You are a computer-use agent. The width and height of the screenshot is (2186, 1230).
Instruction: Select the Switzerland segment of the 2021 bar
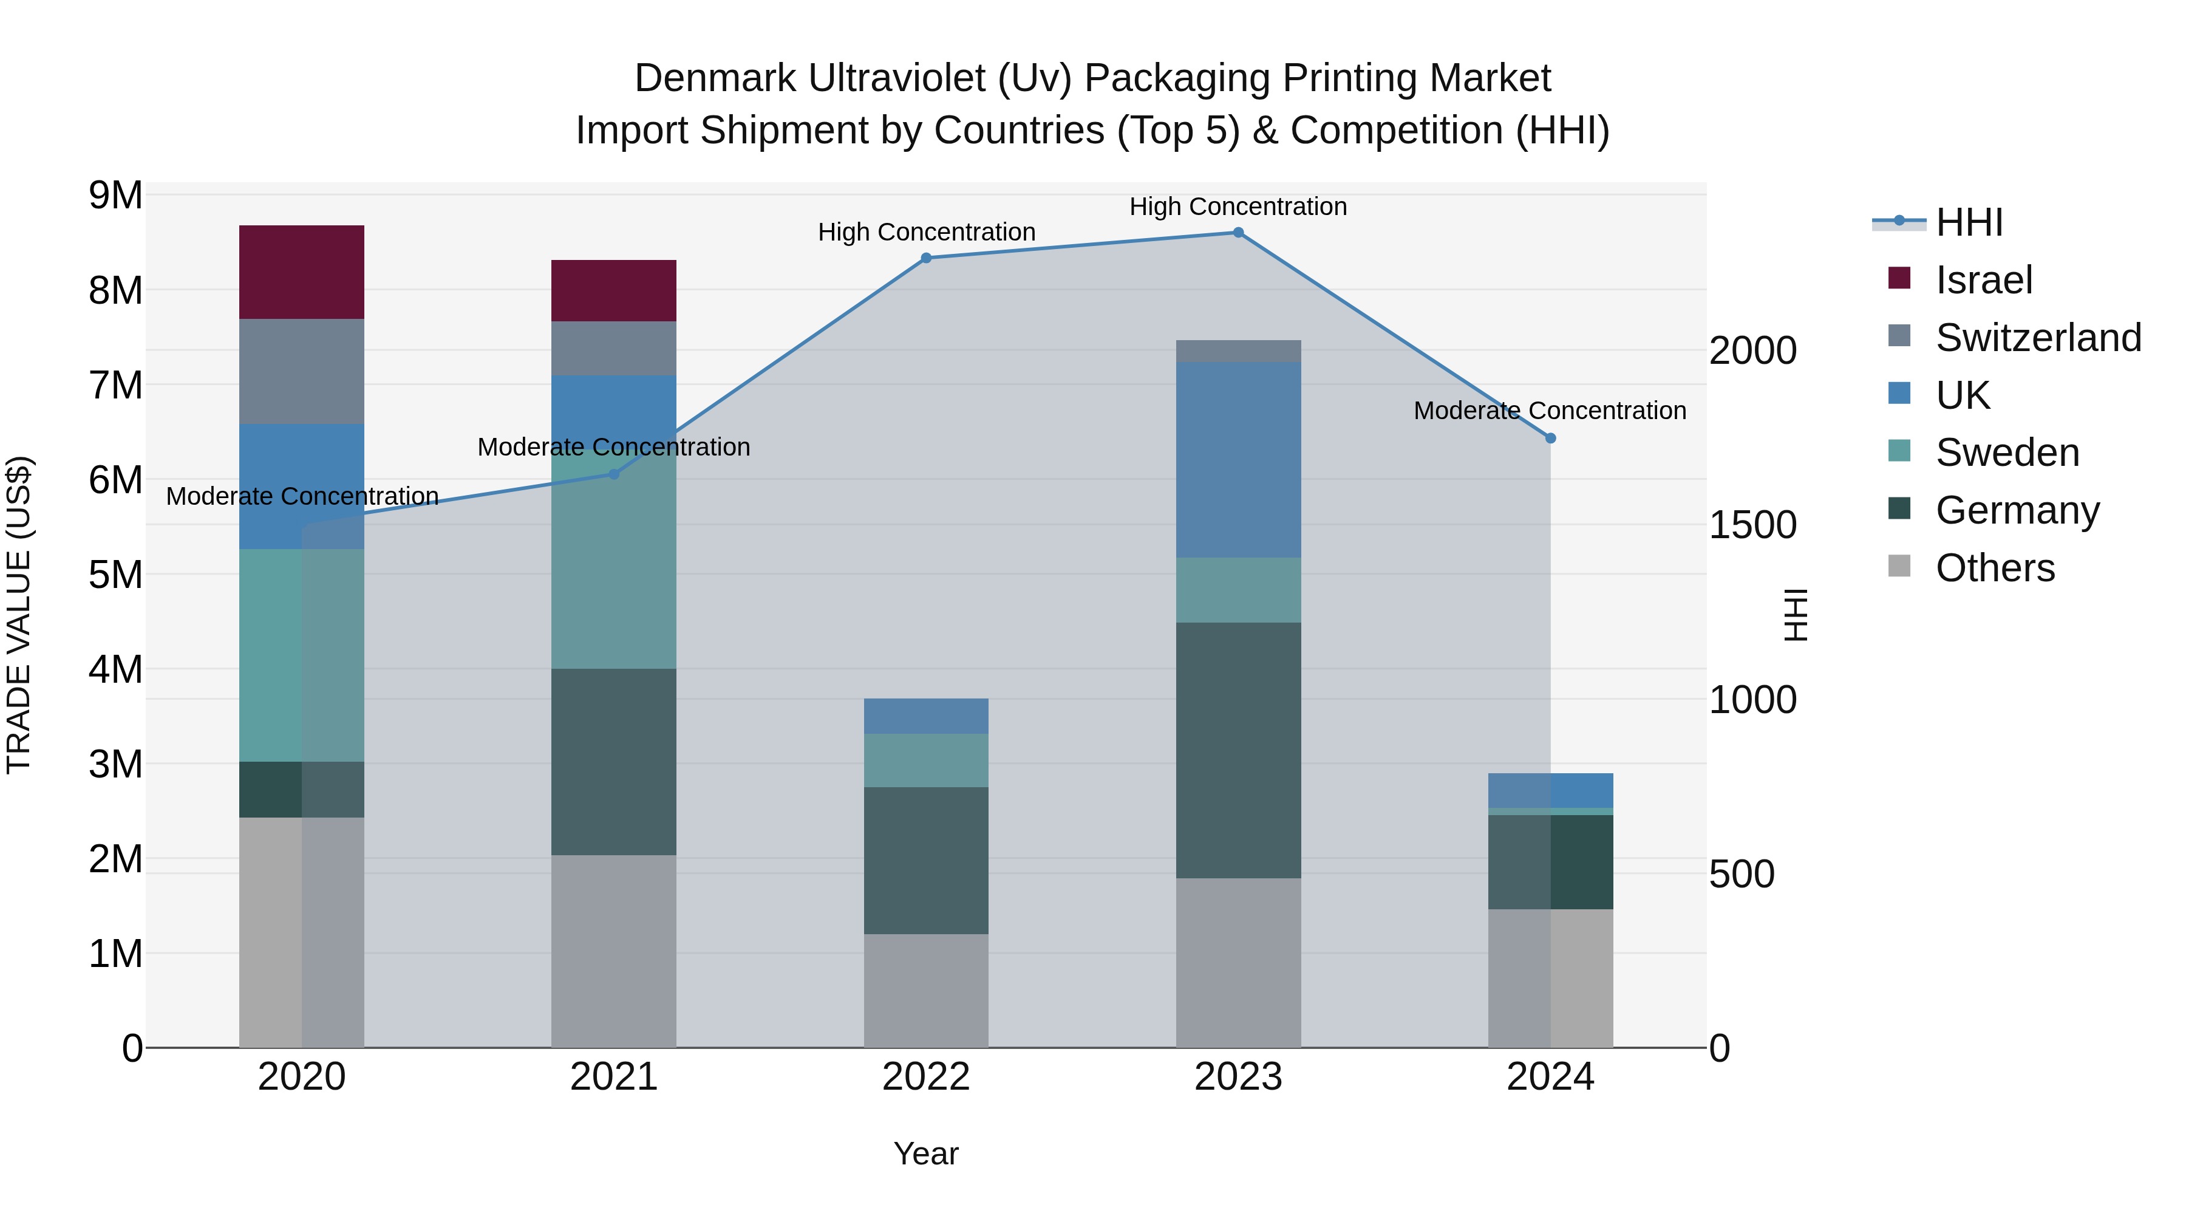[613, 348]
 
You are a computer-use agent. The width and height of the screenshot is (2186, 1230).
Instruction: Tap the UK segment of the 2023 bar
[1238, 459]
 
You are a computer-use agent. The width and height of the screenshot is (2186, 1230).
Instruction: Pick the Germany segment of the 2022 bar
[926, 860]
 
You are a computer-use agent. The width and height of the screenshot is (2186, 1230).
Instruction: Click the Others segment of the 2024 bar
[1550, 978]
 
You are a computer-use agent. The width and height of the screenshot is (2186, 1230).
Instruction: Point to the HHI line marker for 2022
[926, 258]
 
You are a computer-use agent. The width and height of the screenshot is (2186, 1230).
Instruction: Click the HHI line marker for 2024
[1550, 438]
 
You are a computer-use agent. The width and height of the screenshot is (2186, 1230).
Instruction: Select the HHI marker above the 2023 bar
[1238, 233]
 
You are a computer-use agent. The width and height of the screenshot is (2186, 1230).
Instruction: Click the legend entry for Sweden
[2006, 453]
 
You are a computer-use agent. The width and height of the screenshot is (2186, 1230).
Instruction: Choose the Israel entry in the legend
[1983, 280]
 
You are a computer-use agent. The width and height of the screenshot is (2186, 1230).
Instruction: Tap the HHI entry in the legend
[1969, 222]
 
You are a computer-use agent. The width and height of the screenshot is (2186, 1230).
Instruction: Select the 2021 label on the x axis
[613, 1077]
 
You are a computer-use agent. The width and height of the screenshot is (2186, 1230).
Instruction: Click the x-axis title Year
[926, 1153]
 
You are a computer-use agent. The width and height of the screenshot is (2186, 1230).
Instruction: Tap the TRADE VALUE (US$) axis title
[19, 615]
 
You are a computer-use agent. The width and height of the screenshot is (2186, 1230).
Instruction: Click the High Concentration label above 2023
[1238, 207]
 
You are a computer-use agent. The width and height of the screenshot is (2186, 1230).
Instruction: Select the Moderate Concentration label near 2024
[1550, 411]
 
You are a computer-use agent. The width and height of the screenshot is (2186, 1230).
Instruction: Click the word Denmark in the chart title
[715, 78]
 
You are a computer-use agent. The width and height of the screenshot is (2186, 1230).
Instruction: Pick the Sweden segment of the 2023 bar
[1238, 590]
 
